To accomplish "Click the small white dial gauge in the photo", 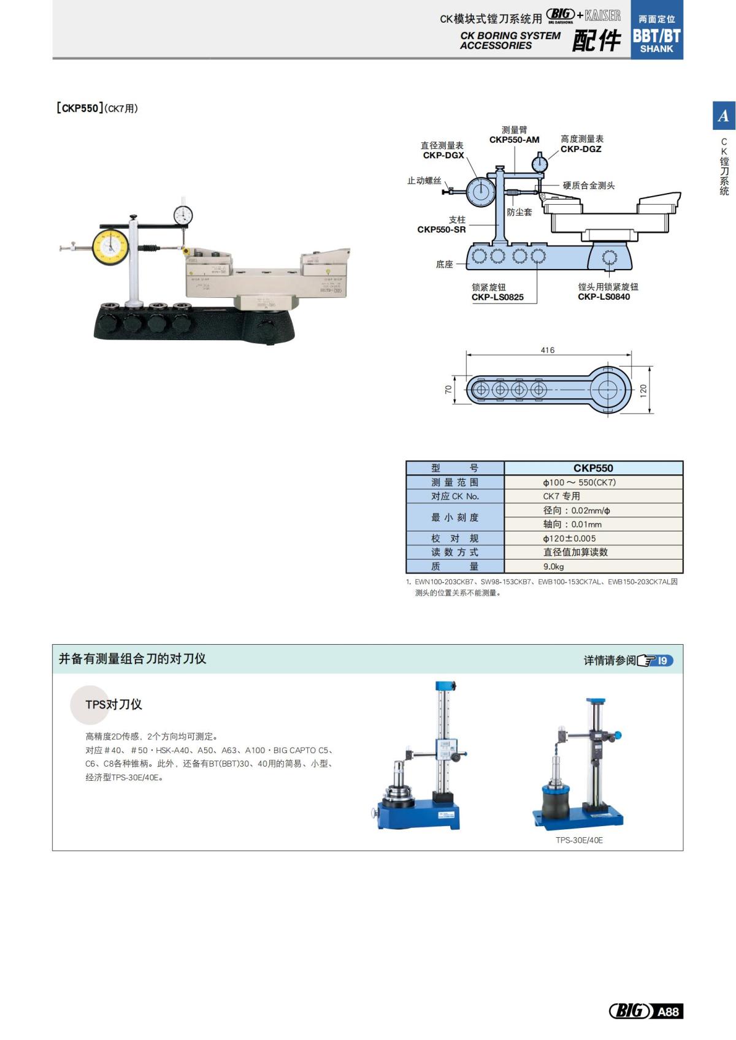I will (183, 215).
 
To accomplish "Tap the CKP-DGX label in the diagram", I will (443, 155).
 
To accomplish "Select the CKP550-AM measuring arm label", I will (514, 140).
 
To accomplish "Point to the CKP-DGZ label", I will (581, 149).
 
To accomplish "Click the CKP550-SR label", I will (442, 230).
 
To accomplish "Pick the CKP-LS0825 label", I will (497, 297).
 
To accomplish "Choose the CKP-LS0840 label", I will (604, 297).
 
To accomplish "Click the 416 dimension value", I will (548, 351).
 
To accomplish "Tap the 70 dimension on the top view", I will (448, 390).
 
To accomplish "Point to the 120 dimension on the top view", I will (643, 390).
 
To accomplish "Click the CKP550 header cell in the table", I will (593, 468).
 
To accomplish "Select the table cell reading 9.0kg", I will (553, 566).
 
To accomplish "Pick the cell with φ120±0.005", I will (569, 538).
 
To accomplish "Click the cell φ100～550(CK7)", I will (579, 482).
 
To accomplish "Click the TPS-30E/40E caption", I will (579, 840).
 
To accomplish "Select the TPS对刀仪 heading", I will (114, 705).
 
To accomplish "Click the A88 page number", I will (667, 1011).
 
